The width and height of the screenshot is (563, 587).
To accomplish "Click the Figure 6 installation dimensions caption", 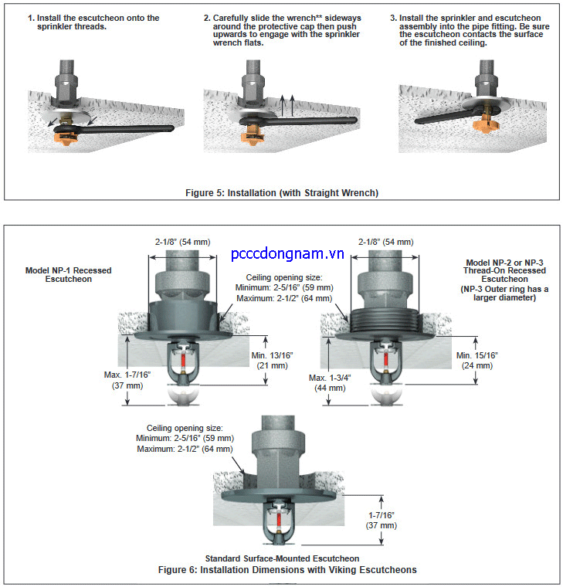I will pyautogui.click(x=287, y=570).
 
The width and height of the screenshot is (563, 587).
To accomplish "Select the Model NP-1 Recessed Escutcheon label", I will pyautogui.click(x=68, y=273).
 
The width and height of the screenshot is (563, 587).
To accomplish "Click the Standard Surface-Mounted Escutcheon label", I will pyautogui.click(x=282, y=558).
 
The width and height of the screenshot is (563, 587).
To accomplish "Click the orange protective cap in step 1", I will pyautogui.click(x=68, y=138).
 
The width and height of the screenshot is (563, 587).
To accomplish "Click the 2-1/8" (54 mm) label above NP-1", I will pyautogui.click(x=182, y=241).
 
